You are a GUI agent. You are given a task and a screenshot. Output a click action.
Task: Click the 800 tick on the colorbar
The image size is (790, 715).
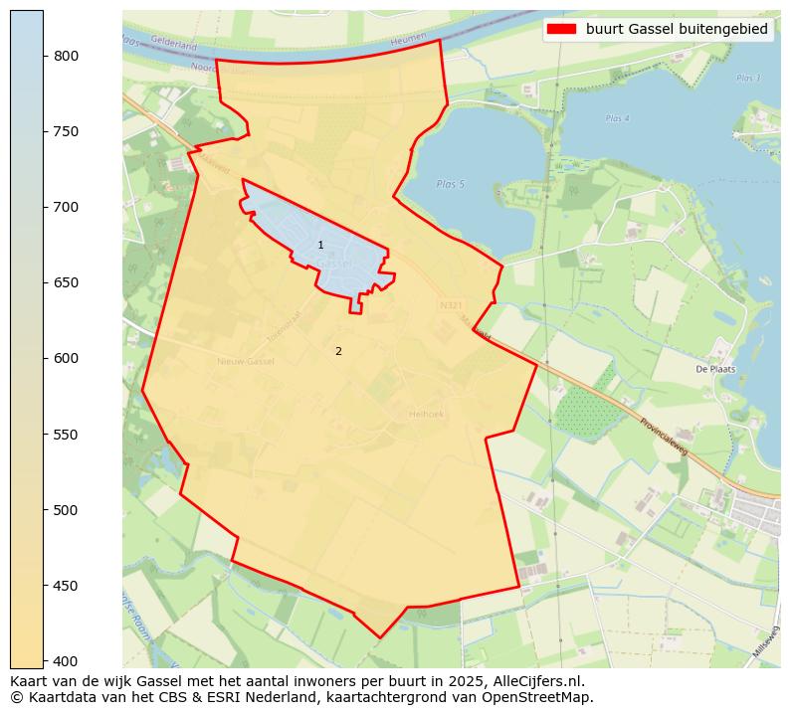point(66,56)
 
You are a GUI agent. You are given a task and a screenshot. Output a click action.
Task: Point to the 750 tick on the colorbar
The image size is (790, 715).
point(66,131)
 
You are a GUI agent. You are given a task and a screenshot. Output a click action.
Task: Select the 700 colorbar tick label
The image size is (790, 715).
point(66,207)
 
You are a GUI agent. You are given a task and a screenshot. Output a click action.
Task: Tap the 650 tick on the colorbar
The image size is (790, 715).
point(66,282)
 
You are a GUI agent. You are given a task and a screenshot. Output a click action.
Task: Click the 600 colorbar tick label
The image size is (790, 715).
point(66,358)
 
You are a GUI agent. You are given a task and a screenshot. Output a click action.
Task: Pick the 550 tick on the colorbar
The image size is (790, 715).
point(66,435)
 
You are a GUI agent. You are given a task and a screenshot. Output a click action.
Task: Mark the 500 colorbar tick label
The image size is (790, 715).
point(66,510)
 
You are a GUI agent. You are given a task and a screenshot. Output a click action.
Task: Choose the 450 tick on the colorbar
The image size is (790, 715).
point(66,586)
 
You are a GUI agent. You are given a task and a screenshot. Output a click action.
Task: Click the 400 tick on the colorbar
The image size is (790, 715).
point(66,661)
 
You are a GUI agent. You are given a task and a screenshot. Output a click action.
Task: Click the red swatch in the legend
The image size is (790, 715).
point(561,30)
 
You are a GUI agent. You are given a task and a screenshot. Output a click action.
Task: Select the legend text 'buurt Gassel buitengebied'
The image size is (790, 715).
point(677,30)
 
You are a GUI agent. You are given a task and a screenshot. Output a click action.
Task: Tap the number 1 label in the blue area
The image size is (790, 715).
point(320,245)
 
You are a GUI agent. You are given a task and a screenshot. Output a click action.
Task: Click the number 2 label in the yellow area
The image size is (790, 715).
point(338,351)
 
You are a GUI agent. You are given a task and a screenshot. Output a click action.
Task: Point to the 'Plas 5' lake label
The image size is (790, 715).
point(450,184)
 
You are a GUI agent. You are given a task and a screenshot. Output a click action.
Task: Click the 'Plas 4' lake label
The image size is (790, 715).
point(617,118)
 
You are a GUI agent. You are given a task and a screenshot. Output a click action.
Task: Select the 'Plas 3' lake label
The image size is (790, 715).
point(748,78)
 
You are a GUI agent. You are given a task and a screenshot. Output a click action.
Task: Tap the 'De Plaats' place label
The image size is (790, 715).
point(714,369)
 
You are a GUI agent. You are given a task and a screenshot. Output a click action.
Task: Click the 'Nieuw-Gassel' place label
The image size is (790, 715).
point(245,361)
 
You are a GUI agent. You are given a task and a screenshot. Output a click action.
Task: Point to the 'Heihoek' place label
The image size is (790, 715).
point(425,414)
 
